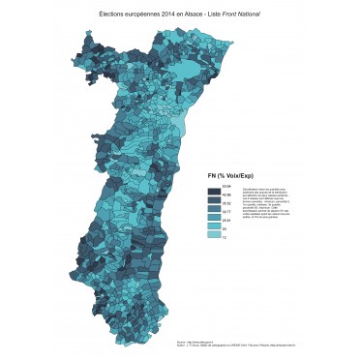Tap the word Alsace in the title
pyautogui.click(x=200, y=15)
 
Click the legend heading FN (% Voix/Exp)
pyautogui.click(x=228, y=175)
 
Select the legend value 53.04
pyautogui.click(x=226, y=186)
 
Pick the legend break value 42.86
pyautogui.click(x=226, y=195)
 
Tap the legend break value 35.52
pyautogui.click(x=226, y=203)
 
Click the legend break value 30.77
pyautogui.click(x=226, y=212)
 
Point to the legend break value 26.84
pyautogui.click(x=226, y=221)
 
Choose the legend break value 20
pyautogui.click(x=225, y=228)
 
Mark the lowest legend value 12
pyautogui.click(x=225, y=237)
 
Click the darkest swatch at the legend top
pyautogui.click(x=213, y=191)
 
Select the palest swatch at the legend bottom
pyautogui.click(x=213, y=233)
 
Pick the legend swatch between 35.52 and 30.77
pyautogui.click(x=213, y=208)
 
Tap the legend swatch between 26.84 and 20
pyautogui.click(x=213, y=225)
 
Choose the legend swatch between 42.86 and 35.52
pyautogui.click(x=213, y=199)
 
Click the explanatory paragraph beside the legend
pyautogui.click(x=265, y=199)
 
